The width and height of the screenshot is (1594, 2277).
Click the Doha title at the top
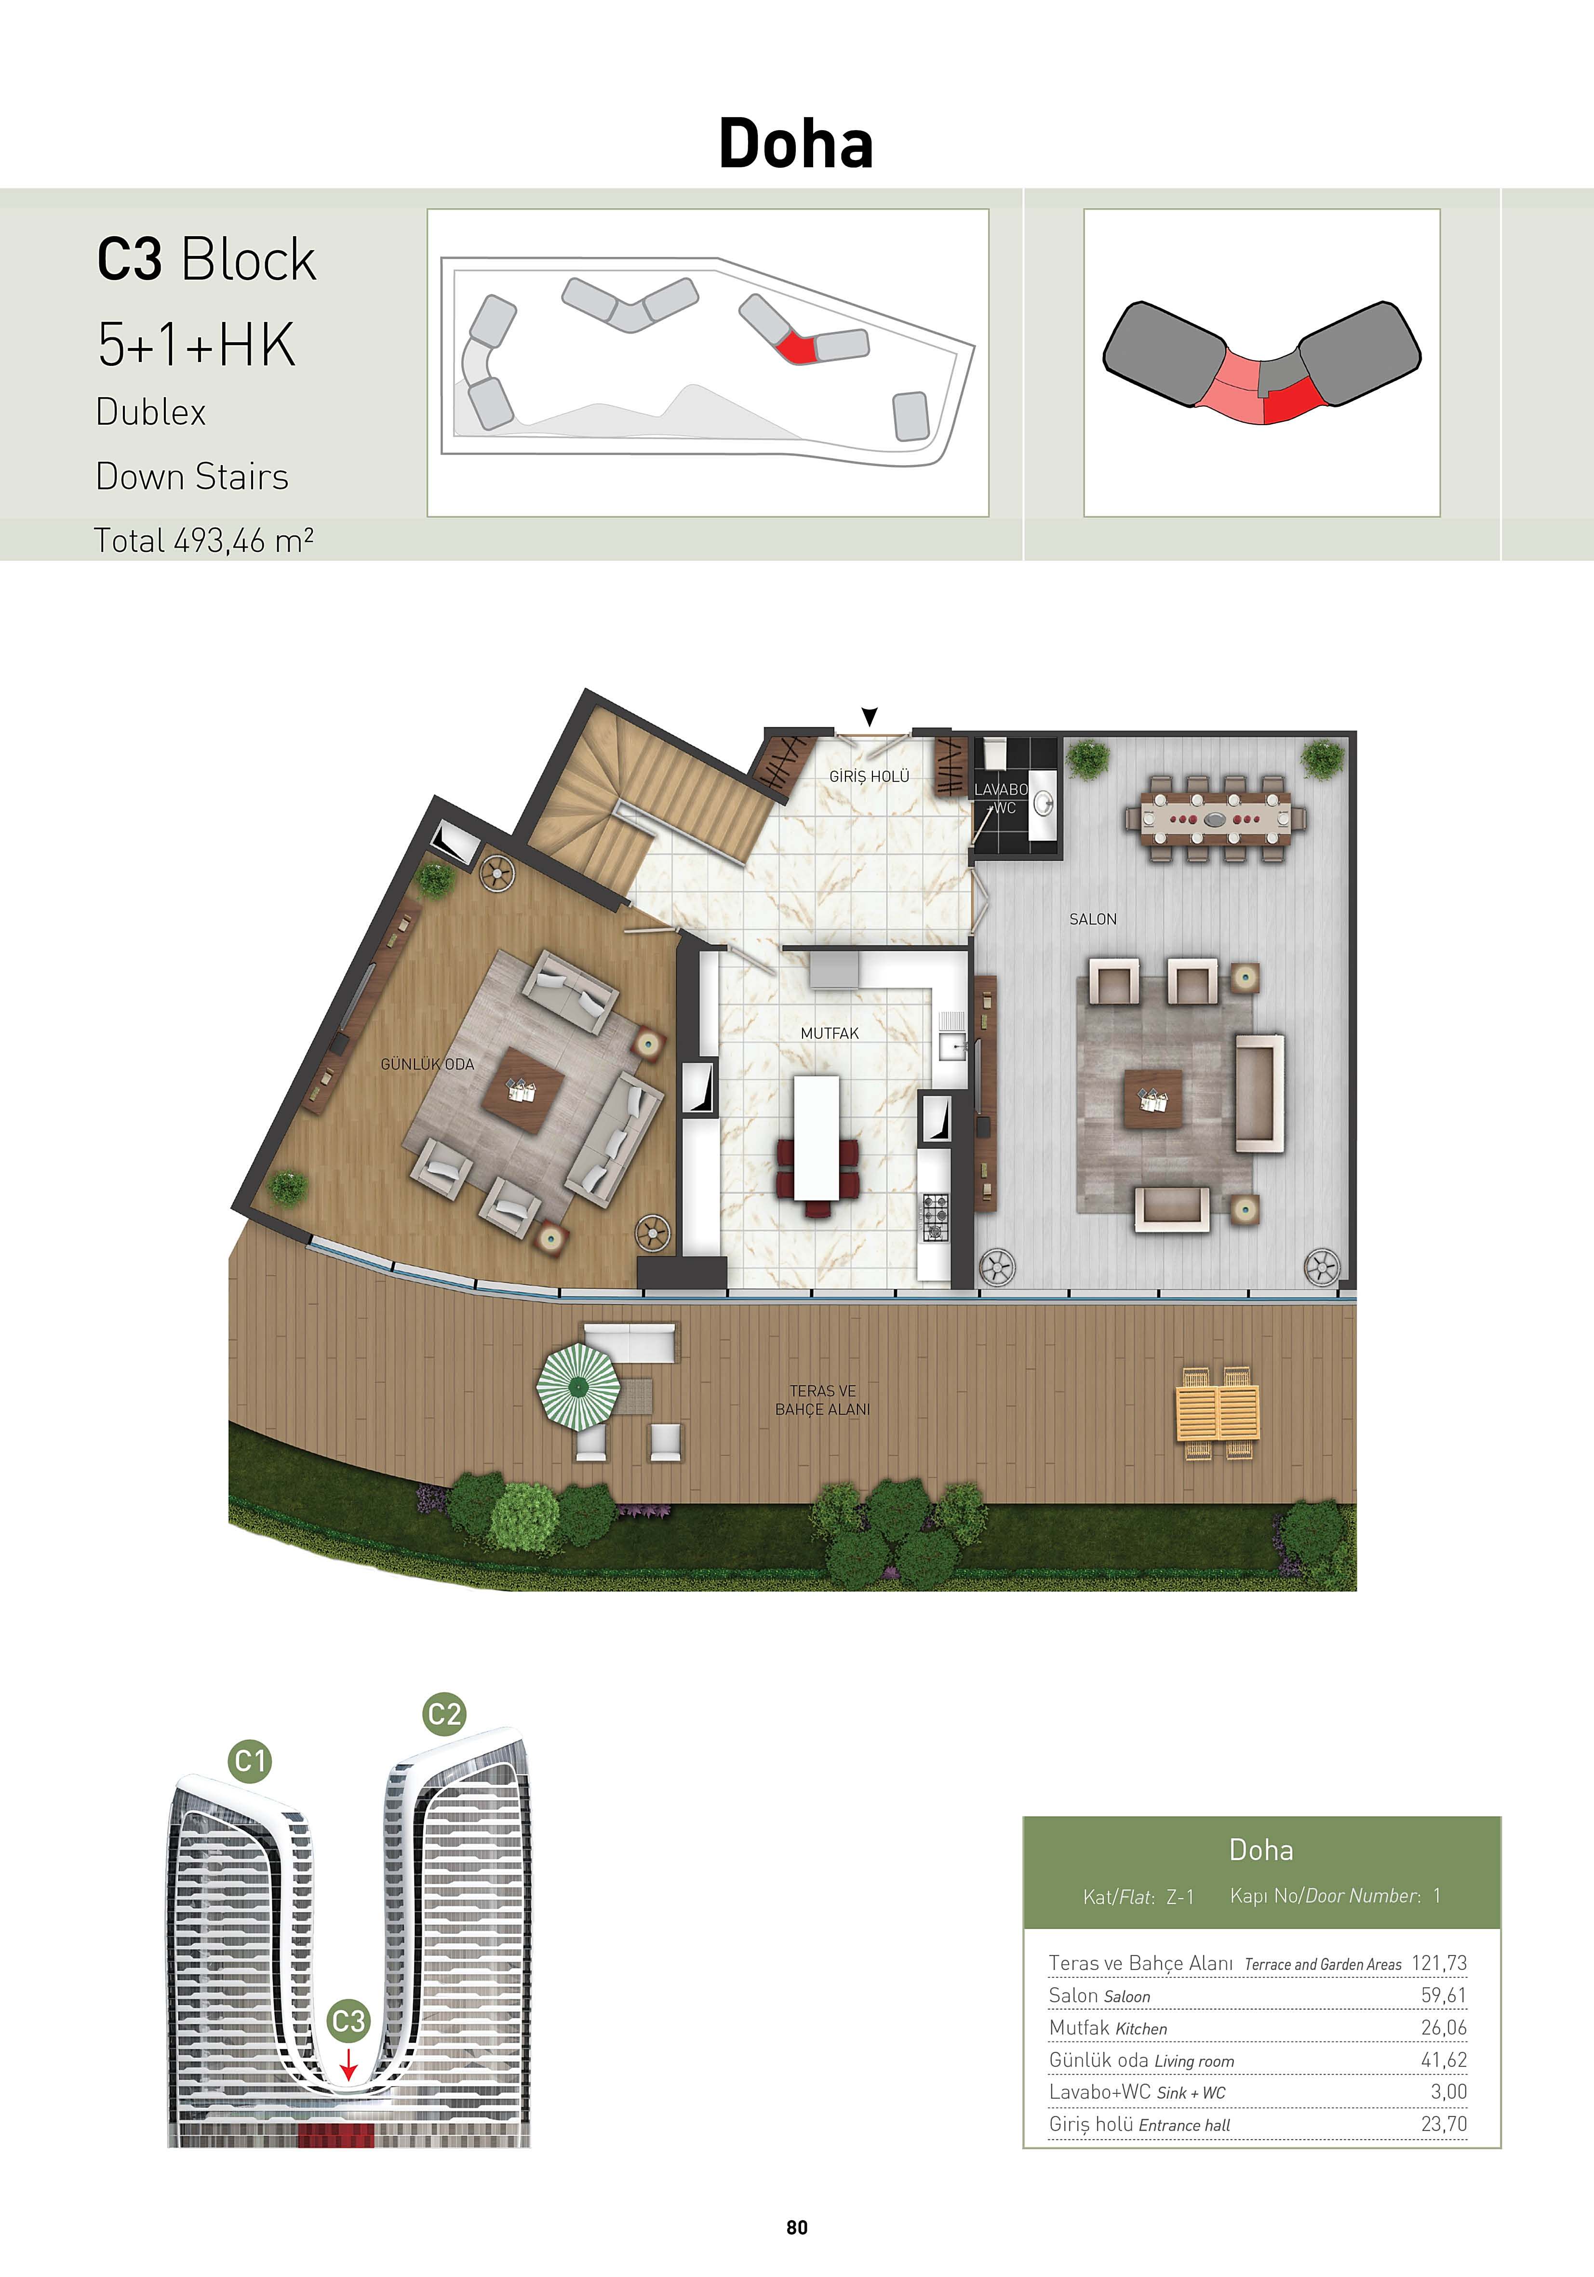tap(795, 144)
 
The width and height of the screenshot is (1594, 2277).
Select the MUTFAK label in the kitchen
tap(829, 1033)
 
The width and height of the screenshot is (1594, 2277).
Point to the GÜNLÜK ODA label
tap(428, 1064)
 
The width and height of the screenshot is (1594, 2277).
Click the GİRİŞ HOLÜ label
tap(869, 777)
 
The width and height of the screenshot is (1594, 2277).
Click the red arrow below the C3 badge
tap(348, 2066)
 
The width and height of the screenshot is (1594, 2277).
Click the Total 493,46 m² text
tap(203, 540)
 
